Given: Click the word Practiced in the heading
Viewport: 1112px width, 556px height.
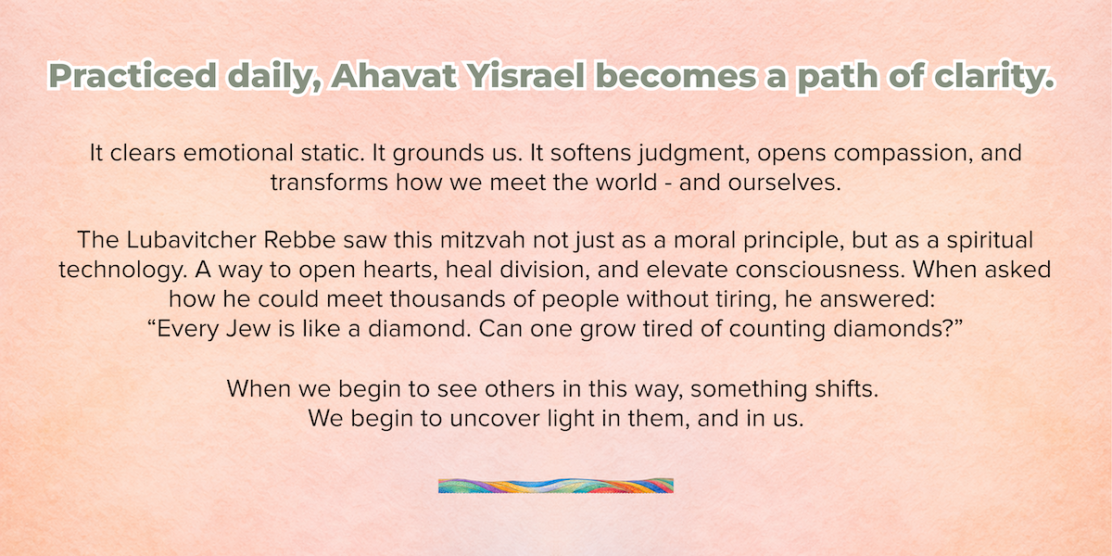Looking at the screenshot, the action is pos(133,76).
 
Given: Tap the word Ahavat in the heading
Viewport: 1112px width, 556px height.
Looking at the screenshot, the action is pos(394,75).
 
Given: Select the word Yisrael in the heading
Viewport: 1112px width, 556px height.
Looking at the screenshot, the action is pos(525,76).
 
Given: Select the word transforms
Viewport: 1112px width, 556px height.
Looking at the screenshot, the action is pos(329,183).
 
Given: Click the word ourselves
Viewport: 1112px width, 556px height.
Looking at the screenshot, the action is pos(784,183).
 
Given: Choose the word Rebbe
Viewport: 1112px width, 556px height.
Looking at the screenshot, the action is pos(300,240).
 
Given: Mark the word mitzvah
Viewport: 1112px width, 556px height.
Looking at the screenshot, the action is pos(483,240).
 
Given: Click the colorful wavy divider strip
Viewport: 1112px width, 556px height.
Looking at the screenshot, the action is pos(556,486).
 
